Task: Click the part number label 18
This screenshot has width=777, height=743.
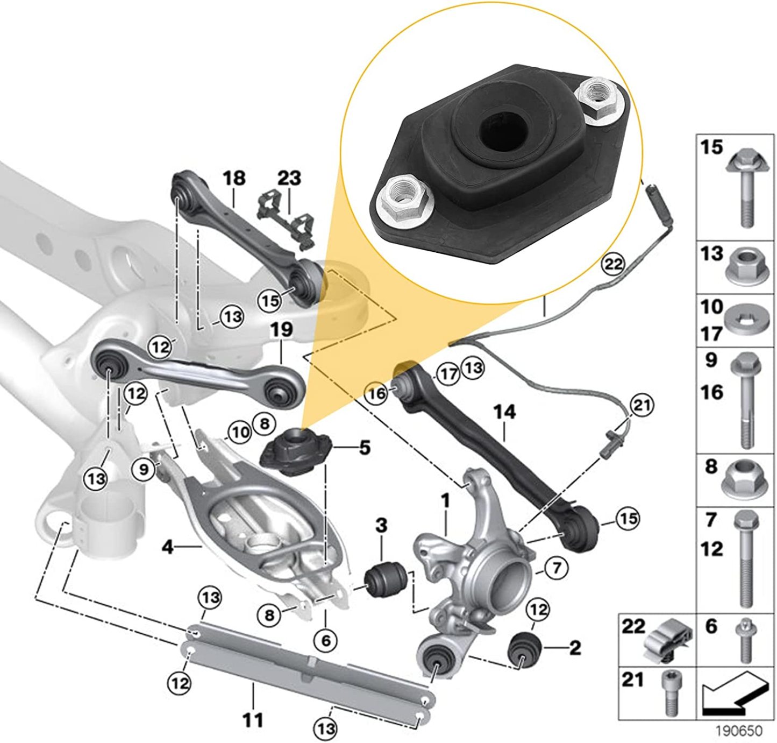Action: coord(234,178)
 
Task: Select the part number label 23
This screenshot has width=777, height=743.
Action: coord(289,178)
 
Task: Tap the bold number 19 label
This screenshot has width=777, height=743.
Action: coord(282,329)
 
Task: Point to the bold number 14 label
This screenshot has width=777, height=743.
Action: coord(504,412)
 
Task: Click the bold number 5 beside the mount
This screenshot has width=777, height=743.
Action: coord(365,447)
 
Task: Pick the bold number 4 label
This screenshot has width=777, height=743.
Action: coord(168,548)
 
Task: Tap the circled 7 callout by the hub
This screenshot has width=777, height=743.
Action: coord(556,567)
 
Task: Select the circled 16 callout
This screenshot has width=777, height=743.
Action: coord(377,393)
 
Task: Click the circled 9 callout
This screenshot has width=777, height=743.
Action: coord(144,469)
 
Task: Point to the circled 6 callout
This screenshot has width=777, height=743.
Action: coord(326,640)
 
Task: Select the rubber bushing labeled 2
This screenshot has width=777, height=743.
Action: coord(524,649)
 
